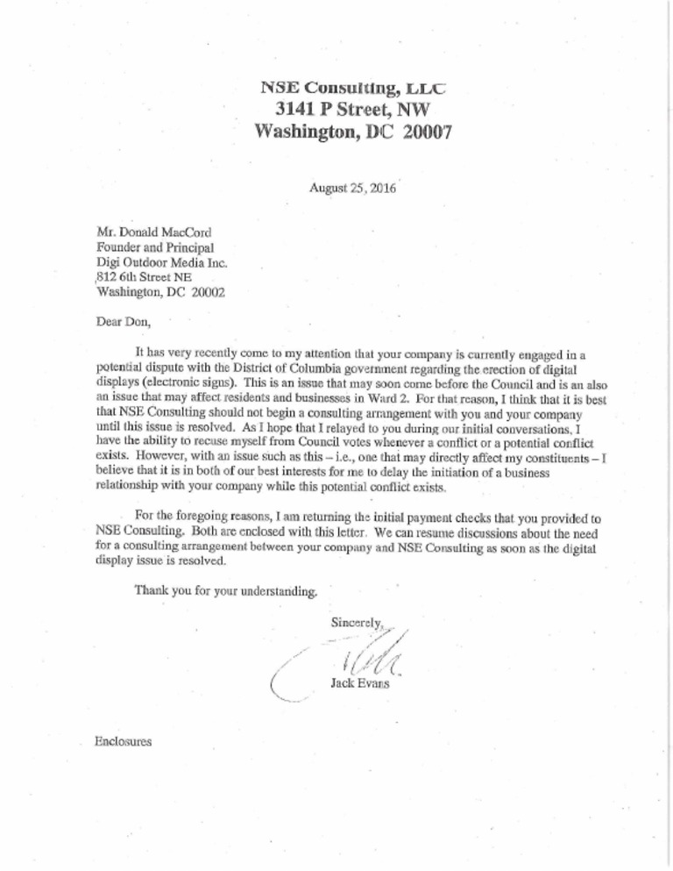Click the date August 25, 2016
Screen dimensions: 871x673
(x=352, y=188)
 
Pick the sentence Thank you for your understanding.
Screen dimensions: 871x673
(x=225, y=590)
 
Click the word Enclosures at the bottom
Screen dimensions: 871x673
(x=122, y=742)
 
